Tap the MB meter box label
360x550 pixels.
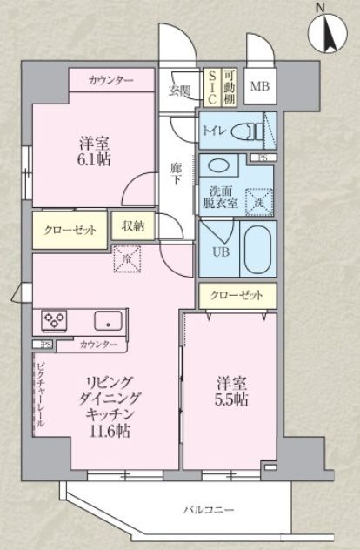tap(260, 86)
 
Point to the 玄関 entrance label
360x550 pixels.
tap(179, 91)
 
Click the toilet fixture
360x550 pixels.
tap(252, 131)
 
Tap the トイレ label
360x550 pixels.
tap(214, 131)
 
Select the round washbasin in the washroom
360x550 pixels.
tap(219, 165)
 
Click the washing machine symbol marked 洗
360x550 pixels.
tap(259, 201)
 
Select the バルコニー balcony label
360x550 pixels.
tap(208, 510)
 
